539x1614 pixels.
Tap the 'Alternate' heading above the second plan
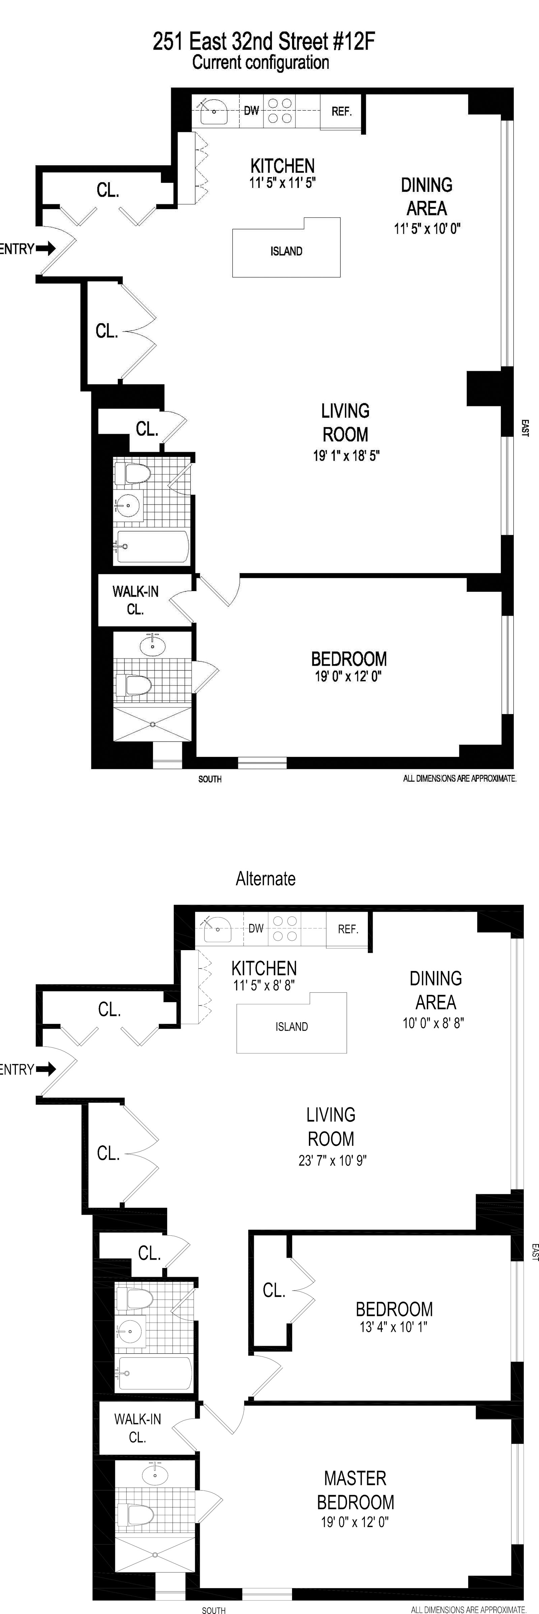[x=265, y=878]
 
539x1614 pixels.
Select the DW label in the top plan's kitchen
[x=251, y=111]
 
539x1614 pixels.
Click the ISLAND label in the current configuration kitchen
[x=286, y=251]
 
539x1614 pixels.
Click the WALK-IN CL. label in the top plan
[x=135, y=600]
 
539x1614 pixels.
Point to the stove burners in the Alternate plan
[x=285, y=929]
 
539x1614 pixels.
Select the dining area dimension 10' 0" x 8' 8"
[x=433, y=1023]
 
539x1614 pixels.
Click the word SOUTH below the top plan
[x=210, y=779]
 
